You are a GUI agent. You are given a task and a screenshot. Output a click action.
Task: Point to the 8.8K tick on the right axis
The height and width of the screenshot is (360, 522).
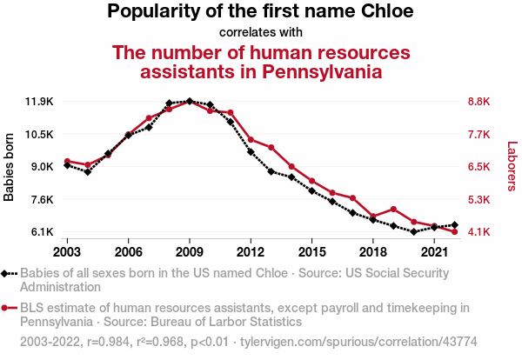(x=480, y=102)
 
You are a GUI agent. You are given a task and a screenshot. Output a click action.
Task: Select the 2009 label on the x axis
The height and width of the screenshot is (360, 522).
(x=190, y=251)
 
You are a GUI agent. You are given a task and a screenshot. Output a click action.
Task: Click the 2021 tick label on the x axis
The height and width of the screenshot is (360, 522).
(x=434, y=251)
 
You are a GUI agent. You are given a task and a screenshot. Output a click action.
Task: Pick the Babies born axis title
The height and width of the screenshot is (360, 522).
(x=10, y=167)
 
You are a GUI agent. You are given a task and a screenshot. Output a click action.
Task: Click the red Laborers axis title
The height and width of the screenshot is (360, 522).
(x=512, y=167)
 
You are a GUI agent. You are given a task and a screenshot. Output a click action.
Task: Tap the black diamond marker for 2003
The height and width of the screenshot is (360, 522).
(x=67, y=165)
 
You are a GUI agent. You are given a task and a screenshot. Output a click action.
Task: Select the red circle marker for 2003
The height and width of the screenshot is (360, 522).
(x=67, y=161)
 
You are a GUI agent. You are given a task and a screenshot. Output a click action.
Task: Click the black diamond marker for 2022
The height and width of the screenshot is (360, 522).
(x=455, y=225)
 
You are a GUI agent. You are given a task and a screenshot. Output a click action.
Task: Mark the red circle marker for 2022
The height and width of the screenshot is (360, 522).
(x=455, y=231)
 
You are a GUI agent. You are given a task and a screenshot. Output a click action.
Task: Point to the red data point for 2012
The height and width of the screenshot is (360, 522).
(x=251, y=139)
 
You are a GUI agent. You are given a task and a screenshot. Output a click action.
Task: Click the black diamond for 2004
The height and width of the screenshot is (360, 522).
(x=87, y=172)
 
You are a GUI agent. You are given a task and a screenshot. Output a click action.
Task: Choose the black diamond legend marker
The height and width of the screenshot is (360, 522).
(x=7, y=273)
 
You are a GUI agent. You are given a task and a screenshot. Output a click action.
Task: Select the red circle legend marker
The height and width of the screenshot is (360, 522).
(x=7, y=307)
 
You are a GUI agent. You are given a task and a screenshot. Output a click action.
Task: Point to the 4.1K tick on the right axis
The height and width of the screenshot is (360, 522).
(x=480, y=232)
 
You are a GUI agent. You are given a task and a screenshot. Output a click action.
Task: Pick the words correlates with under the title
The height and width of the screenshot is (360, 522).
(x=260, y=33)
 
